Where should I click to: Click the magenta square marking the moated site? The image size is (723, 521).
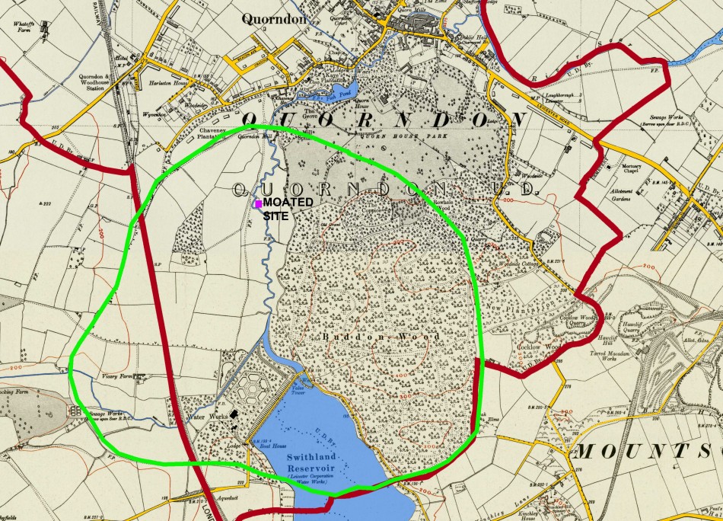coord(258,203)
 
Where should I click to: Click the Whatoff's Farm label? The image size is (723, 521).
coord(26,27)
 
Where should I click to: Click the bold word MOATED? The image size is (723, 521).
coord(288,203)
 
